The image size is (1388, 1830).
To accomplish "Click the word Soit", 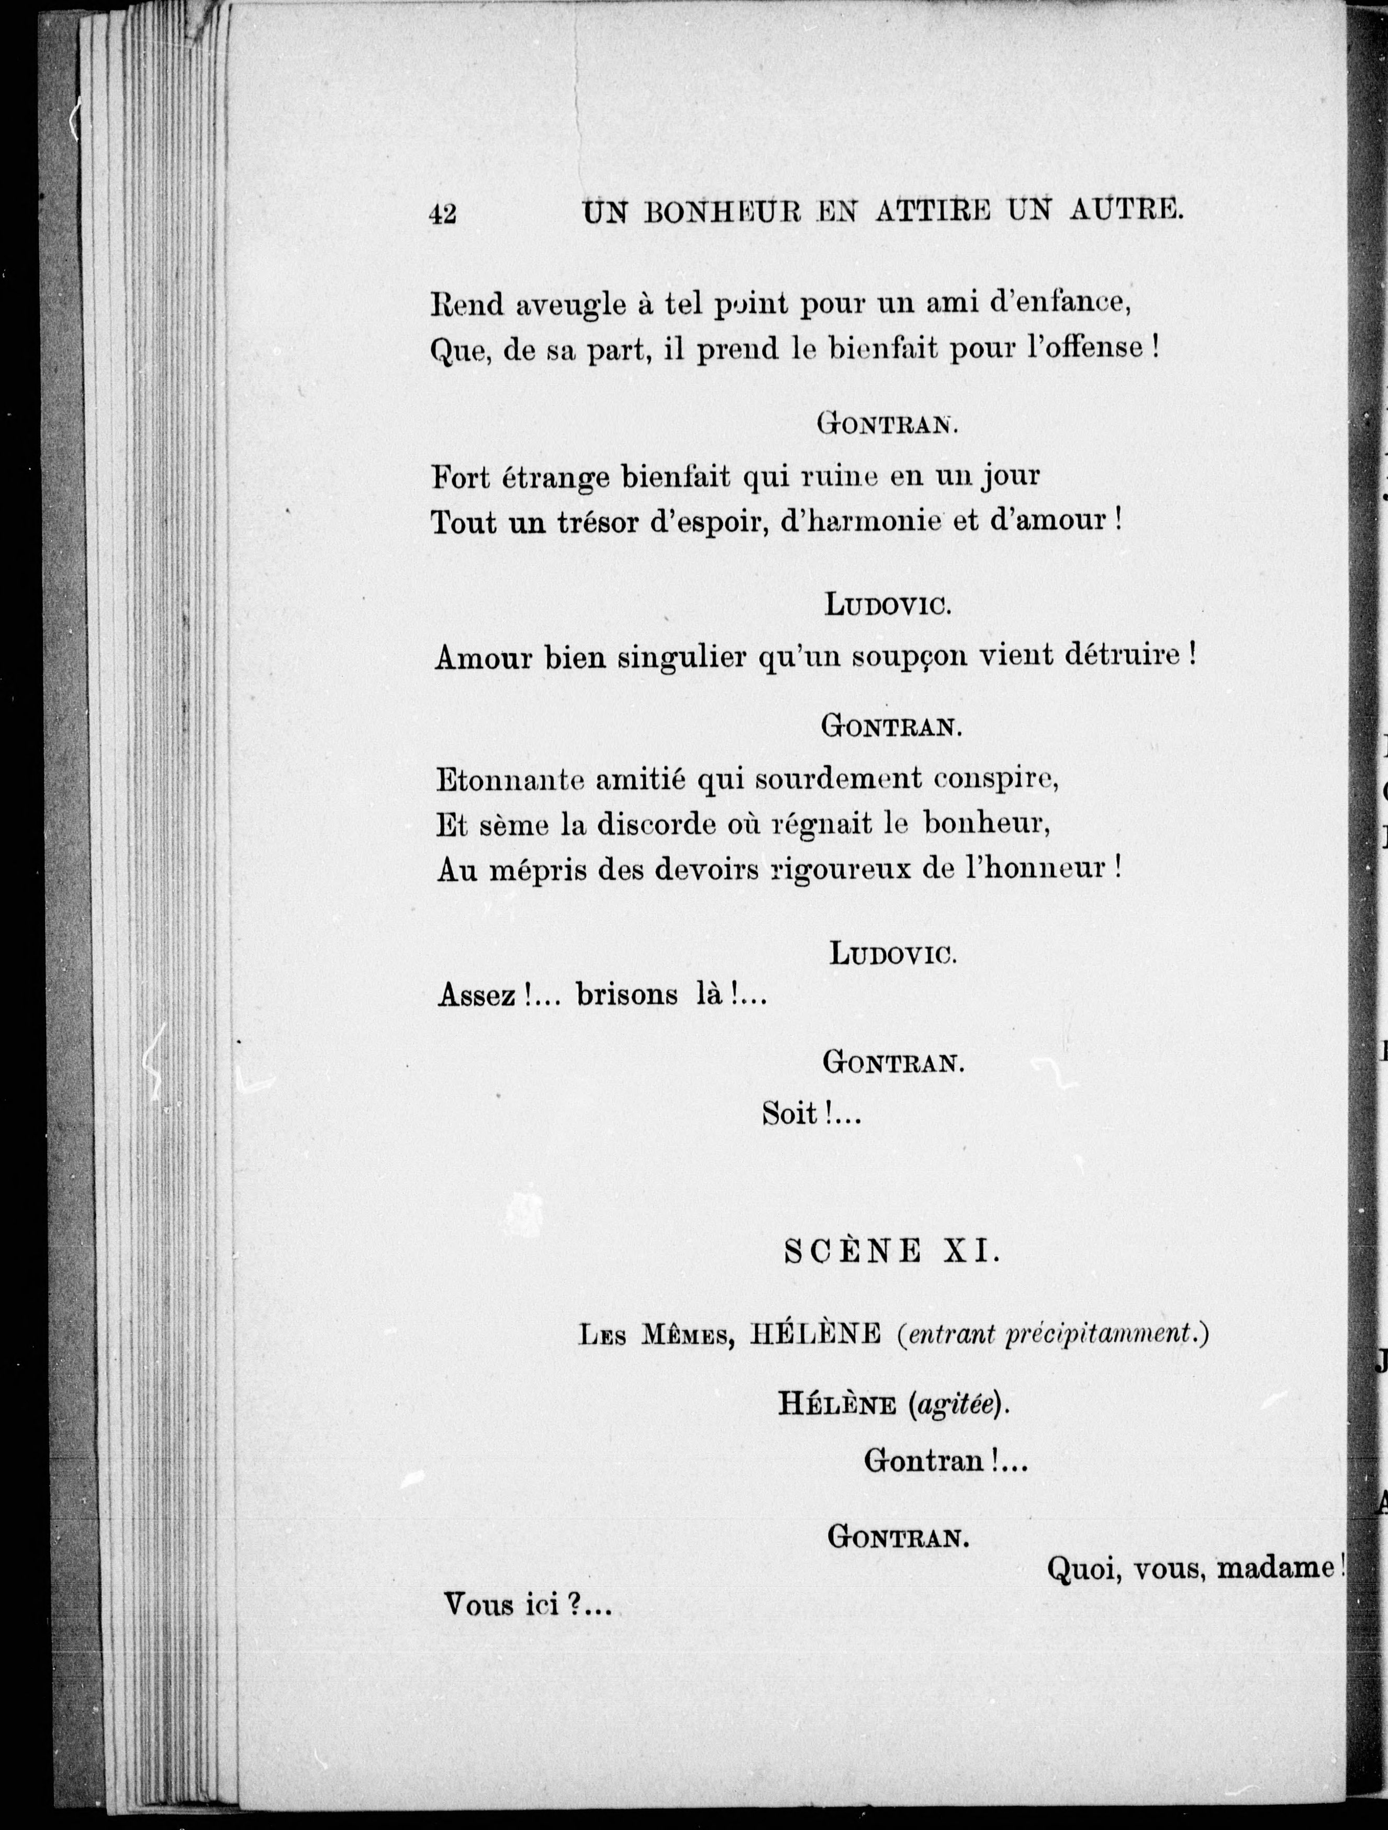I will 790,1115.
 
